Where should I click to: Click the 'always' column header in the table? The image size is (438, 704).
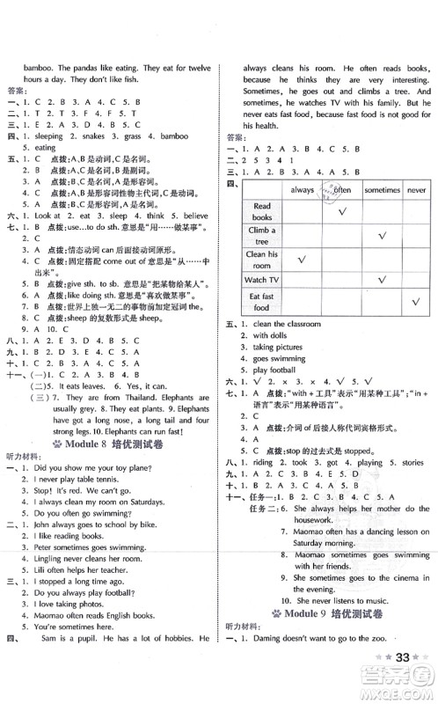(302, 189)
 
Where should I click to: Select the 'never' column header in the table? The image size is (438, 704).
(416, 189)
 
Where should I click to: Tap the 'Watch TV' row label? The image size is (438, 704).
(262, 280)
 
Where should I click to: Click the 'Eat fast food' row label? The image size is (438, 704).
(261, 302)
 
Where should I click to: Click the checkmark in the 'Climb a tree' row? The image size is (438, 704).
(382, 235)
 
